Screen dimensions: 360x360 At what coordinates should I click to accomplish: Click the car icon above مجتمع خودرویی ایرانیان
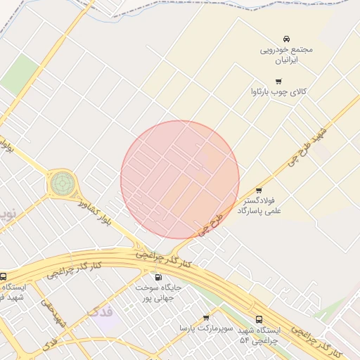pyautogui.click(x=287, y=38)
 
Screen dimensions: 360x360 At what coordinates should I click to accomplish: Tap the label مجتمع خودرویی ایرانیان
pyautogui.click(x=287, y=55)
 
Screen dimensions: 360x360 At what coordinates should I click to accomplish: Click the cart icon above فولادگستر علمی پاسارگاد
pyautogui.click(x=259, y=190)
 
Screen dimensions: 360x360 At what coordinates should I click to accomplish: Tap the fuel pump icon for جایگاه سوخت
pyautogui.click(x=158, y=277)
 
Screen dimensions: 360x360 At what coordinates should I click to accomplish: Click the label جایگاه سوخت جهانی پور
pyautogui.click(x=158, y=293)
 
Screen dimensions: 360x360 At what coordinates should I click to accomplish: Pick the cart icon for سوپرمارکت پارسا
pyautogui.click(x=206, y=318)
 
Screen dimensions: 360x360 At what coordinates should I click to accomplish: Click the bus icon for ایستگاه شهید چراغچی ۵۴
pyautogui.click(x=259, y=319)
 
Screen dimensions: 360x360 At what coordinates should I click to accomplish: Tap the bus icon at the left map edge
pyautogui.click(x=4, y=276)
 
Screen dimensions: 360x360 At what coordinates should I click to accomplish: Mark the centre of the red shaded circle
pyautogui.click(x=180, y=180)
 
